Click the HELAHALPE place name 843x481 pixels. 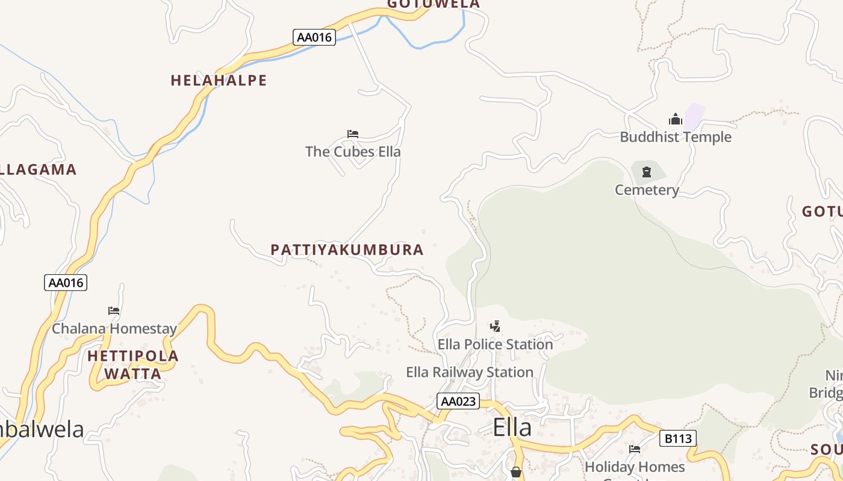click(219, 81)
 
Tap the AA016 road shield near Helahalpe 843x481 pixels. click(314, 37)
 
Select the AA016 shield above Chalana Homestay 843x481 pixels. click(66, 283)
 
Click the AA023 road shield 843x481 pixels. click(458, 402)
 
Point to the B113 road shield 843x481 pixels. click(677, 439)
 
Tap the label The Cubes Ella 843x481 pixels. click(353, 152)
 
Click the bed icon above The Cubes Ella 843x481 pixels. click(353, 134)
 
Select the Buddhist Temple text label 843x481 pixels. click(676, 137)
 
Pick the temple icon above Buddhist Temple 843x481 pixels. click(676, 120)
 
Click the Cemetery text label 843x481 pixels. click(647, 190)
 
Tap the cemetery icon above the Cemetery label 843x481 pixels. click(647, 173)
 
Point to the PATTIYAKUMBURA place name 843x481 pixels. click(347, 250)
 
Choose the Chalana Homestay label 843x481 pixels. click(114, 329)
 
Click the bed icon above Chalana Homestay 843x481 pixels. click(114, 311)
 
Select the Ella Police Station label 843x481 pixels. click(495, 345)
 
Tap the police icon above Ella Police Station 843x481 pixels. click(495, 327)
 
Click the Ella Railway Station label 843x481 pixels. click(470, 373)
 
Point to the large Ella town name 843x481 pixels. click(512, 427)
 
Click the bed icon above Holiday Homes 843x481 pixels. click(635, 449)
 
